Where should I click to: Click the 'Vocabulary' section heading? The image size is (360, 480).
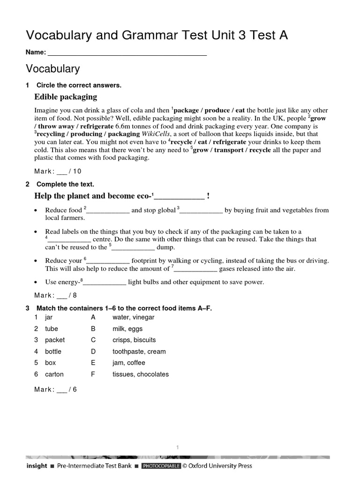pyautogui.click(x=52, y=69)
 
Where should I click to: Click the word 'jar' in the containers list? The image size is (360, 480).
pyautogui.click(x=49, y=317)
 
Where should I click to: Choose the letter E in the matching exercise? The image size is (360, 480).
pyautogui.click(x=93, y=363)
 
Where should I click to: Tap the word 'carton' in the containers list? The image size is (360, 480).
pyautogui.click(x=54, y=374)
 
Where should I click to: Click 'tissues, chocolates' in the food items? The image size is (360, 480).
pyautogui.click(x=140, y=374)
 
